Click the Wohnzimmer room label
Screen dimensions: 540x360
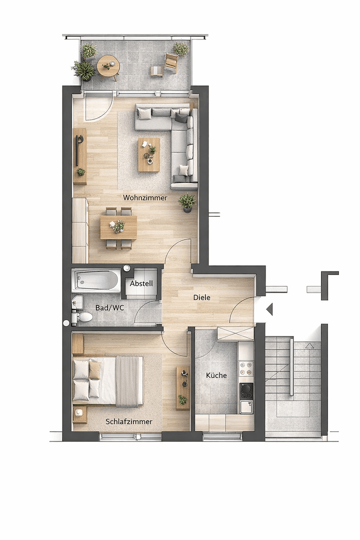click(x=145, y=198)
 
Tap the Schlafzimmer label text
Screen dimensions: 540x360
click(x=129, y=421)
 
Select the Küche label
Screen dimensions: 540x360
click(x=216, y=375)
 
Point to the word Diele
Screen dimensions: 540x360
click(x=202, y=297)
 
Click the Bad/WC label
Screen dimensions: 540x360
click(x=109, y=307)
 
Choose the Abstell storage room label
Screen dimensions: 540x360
click(x=141, y=283)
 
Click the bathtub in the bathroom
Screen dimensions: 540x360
click(x=96, y=280)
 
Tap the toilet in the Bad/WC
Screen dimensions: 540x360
click(x=83, y=316)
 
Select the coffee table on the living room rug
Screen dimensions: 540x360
click(x=149, y=154)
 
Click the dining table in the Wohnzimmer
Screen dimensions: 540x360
click(x=118, y=227)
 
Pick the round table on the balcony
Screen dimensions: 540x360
click(x=108, y=66)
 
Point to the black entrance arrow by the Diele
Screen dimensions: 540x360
click(x=269, y=309)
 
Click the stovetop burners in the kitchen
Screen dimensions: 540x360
click(x=245, y=368)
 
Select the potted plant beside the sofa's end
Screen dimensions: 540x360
click(x=187, y=202)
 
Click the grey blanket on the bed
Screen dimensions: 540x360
click(x=127, y=381)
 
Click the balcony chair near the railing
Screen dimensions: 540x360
click(x=171, y=62)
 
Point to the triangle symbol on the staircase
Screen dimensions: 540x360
click(x=309, y=345)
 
